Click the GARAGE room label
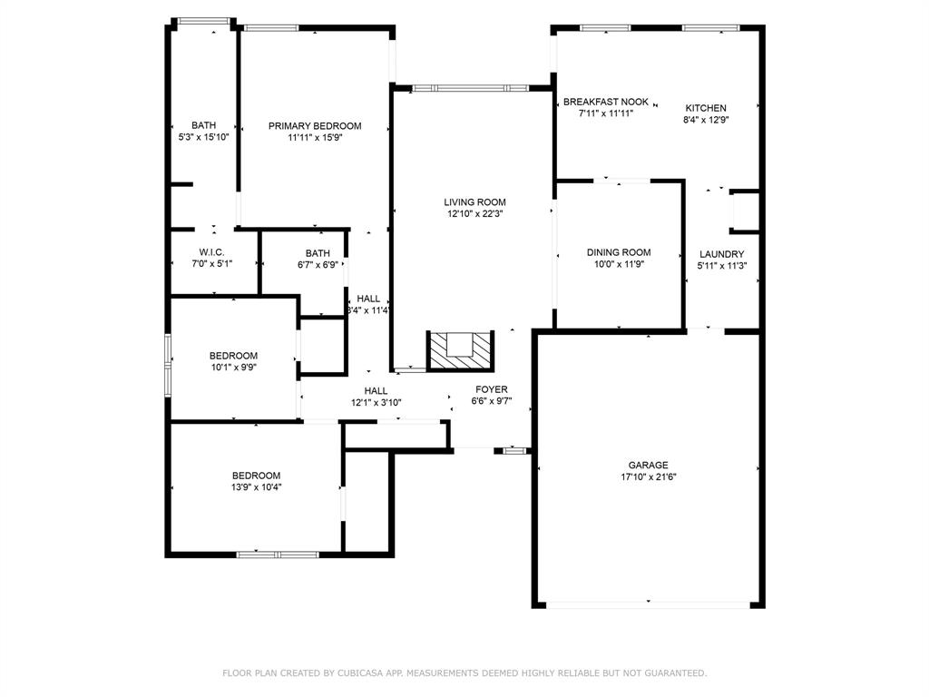click(648, 466)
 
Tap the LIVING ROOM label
click(474, 202)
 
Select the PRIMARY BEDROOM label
click(315, 126)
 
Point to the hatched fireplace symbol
click(460, 351)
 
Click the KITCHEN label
click(706, 109)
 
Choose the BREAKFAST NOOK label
click(605, 102)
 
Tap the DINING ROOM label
click(619, 252)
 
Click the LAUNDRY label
click(721, 254)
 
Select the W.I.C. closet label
click(211, 252)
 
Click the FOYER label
click(491, 389)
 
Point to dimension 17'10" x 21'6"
click(648, 477)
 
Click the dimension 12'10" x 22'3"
click(474, 214)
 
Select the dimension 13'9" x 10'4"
click(256, 487)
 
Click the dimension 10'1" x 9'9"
click(233, 368)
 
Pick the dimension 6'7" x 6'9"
click(318, 265)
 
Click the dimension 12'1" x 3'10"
click(376, 402)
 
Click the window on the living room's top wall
click(471, 88)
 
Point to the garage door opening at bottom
click(648, 605)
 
